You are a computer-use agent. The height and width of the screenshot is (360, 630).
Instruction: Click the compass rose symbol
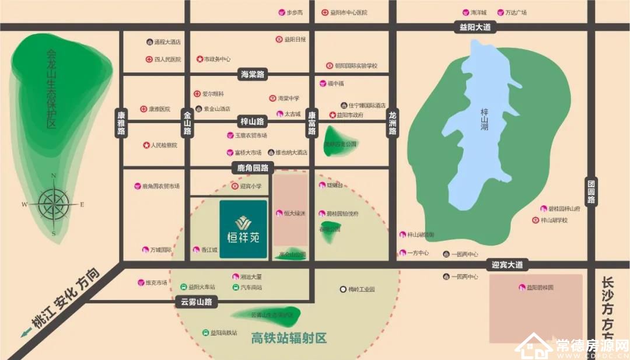tap(54, 204)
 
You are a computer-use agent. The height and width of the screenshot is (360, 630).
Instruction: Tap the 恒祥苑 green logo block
tap(243, 229)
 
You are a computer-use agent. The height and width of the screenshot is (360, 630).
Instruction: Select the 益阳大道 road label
tap(475, 27)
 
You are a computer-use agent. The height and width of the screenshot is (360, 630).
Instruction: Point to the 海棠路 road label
tap(252, 74)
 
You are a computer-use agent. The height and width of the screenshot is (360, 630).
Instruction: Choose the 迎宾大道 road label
tap(506, 265)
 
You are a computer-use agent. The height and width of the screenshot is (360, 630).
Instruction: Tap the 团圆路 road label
tap(591, 191)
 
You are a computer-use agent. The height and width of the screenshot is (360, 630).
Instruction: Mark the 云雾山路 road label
tap(195, 302)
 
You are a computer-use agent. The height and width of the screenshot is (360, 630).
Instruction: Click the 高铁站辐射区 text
tap(289, 338)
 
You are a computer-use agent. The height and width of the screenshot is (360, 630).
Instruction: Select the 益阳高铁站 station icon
tap(205, 333)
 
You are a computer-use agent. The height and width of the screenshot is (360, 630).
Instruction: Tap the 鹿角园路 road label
tap(252, 168)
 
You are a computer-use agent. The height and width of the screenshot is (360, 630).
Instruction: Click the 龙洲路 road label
tap(392, 123)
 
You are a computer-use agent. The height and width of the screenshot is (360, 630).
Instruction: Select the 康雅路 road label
tap(121, 123)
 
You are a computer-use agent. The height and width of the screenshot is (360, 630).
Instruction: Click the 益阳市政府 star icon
tap(333, 115)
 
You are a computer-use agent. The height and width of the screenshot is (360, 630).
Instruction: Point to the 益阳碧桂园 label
tap(540, 288)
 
